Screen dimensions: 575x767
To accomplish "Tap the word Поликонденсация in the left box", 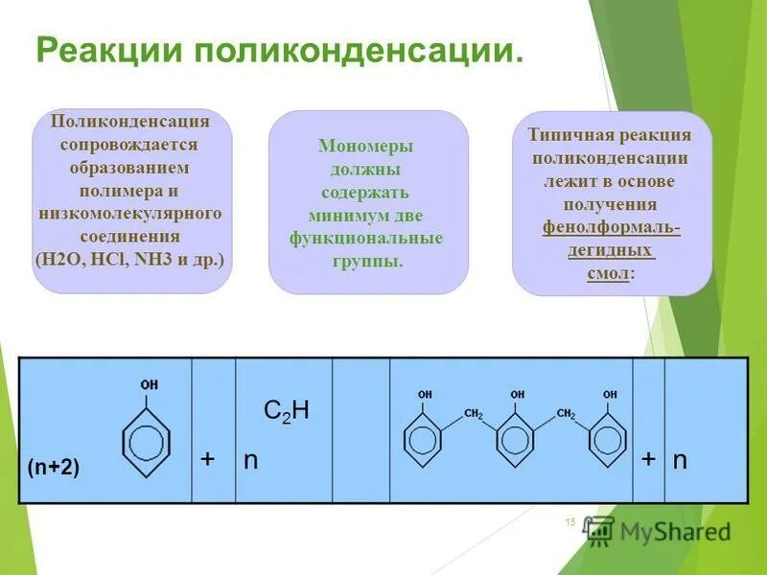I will (x=131, y=124).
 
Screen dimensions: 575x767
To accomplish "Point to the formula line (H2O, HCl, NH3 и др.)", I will (x=131, y=259).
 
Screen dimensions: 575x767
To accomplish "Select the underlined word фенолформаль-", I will (x=611, y=227).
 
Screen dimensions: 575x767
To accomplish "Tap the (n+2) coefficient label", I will (x=54, y=467).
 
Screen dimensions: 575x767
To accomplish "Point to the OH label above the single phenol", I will (x=150, y=385).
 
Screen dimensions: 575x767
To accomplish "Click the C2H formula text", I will (x=286, y=412).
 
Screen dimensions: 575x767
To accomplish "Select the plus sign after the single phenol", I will (x=207, y=460).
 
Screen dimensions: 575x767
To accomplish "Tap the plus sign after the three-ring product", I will (x=649, y=460).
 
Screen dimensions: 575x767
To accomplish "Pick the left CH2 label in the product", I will (x=474, y=414).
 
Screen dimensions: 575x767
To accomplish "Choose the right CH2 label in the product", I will (x=567, y=414).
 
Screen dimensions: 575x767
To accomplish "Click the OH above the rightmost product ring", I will (x=610, y=395).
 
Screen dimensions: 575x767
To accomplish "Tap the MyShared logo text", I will (x=675, y=530).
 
